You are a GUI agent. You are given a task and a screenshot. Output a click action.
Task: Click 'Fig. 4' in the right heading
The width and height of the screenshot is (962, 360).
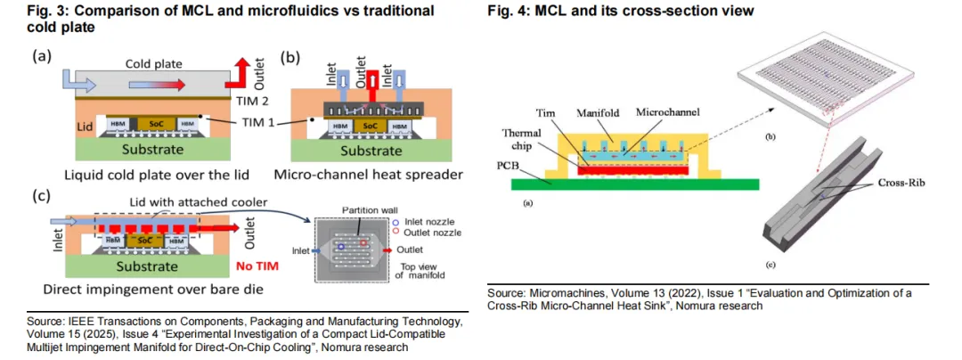tap(510, 12)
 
